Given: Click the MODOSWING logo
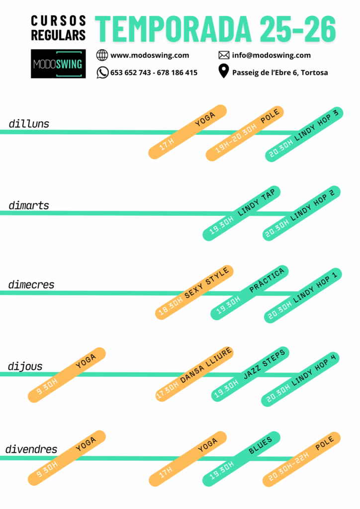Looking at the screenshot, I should point(58,64).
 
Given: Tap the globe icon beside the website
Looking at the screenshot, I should point(102,55).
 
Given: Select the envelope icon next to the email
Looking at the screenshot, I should point(224,55).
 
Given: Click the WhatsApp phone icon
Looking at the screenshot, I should point(102,73).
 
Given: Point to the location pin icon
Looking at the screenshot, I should point(224,72).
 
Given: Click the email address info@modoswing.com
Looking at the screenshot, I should point(271,55).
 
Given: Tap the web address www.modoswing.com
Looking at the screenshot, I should point(149,55).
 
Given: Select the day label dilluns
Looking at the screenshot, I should point(29,124).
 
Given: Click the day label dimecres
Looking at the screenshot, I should point(31,285).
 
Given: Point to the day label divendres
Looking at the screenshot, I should point(31,449).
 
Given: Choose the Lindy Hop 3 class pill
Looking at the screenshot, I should point(304,134).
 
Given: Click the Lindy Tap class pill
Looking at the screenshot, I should point(242,214).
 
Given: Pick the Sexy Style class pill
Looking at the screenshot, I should point(194,292).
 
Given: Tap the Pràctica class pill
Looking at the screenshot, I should point(250,293).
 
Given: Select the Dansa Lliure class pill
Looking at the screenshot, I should point(194,374).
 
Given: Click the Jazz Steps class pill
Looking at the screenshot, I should point(250,374).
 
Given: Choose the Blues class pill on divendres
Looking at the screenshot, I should point(241,459).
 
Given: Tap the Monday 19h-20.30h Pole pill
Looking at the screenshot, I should point(246,133).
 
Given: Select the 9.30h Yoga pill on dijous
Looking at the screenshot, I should point(67,375).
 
